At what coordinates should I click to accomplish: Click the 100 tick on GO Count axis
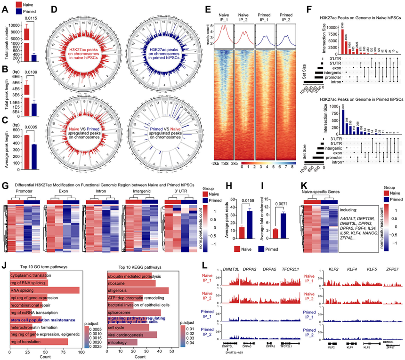81,352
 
